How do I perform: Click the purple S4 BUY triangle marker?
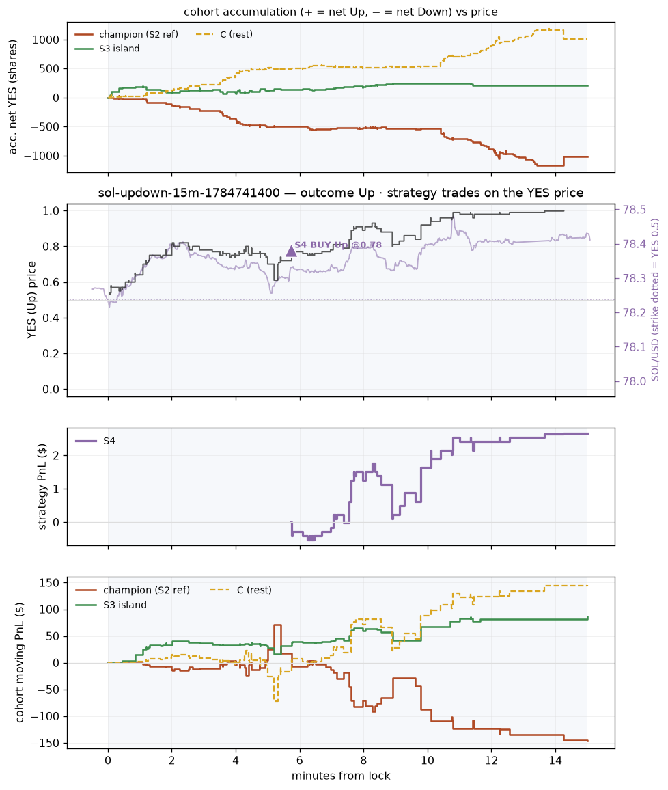(291, 251)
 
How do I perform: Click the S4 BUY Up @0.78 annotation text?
(338, 245)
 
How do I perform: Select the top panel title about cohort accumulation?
(341, 12)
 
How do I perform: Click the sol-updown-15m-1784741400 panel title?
(341, 193)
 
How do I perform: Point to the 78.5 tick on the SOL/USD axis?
(635, 210)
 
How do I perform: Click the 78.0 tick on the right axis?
(635, 381)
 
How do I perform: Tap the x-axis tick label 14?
(555, 761)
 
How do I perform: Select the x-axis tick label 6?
(300, 761)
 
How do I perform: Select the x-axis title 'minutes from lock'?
(341, 776)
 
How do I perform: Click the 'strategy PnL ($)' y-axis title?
(42, 487)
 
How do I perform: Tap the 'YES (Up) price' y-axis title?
(31, 300)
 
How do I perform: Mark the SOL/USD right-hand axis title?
(655, 300)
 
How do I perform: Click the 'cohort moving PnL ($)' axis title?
(20, 662)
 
